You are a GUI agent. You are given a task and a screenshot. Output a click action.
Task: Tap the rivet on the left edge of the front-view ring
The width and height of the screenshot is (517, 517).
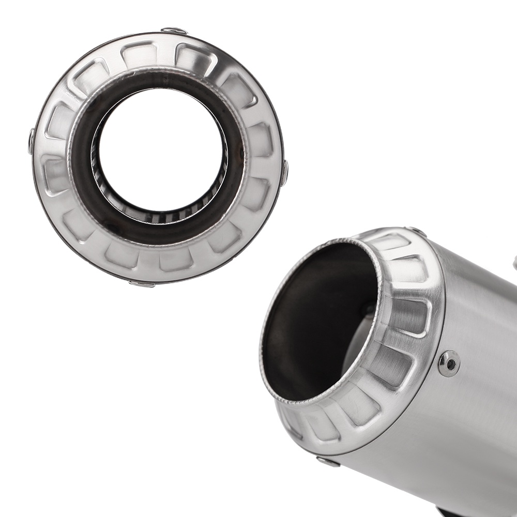(32, 141)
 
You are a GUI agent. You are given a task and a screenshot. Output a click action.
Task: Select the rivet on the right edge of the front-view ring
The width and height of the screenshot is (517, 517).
(284, 173)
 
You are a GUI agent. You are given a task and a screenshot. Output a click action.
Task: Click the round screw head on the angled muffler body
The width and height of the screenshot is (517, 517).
(448, 363)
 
